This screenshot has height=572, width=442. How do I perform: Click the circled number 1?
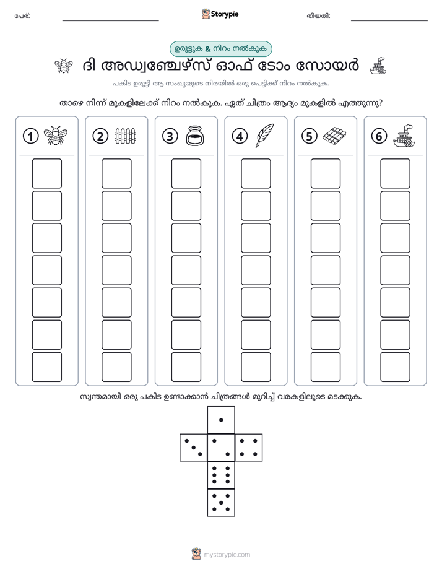[30, 136]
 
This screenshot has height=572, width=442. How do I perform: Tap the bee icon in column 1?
[56, 136]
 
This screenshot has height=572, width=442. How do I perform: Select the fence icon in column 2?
[125, 136]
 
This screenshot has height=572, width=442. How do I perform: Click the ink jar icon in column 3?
[195, 136]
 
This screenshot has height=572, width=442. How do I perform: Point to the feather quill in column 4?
[265, 136]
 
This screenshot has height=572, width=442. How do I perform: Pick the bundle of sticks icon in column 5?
[334, 136]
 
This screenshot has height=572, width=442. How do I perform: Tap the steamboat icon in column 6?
[404, 136]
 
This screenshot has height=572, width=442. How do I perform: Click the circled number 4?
[240, 136]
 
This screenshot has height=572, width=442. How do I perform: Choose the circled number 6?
[379, 136]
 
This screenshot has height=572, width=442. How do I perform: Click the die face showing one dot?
[221, 420]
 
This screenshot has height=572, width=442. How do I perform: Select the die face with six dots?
[221, 475]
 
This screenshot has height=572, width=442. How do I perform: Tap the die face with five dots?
[221, 503]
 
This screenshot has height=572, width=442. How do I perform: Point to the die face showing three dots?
[194, 448]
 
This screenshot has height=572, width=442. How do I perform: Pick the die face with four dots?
[249, 448]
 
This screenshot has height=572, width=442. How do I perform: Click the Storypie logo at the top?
[220, 14]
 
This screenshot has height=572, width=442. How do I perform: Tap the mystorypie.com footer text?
[227, 555]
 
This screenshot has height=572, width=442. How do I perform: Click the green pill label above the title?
[221, 49]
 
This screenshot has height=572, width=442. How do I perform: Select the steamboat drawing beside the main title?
[378, 66]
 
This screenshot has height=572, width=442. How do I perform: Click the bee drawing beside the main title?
[64, 66]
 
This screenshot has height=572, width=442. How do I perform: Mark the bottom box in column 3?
[186, 367]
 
